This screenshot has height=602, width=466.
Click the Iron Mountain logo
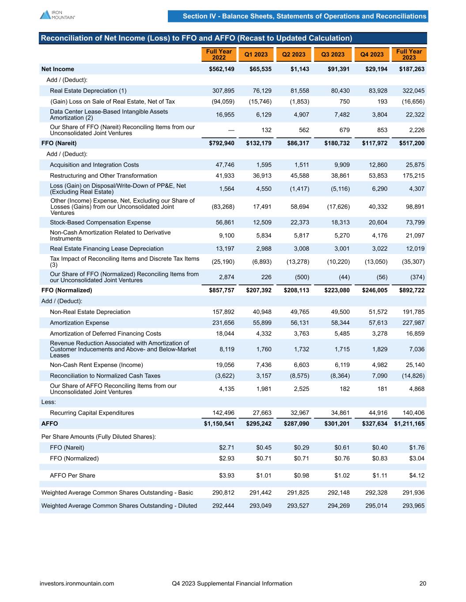click(x=57, y=15)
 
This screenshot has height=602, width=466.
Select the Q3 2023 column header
click(x=333, y=55)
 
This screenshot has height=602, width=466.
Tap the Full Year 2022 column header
click(x=219, y=55)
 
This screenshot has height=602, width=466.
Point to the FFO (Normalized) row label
click(x=67, y=291)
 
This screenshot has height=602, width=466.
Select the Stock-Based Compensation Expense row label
click(x=100, y=223)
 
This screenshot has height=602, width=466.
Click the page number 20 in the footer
click(x=423, y=583)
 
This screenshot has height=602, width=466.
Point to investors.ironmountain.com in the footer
click(x=77, y=583)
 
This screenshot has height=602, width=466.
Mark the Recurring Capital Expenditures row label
click(x=92, y=413)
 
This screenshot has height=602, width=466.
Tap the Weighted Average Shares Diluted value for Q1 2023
click(x=260, y=506)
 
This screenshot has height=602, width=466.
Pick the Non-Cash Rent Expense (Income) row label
click(x=96, y=365)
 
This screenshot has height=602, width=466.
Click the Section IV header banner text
click(x=304, y=16)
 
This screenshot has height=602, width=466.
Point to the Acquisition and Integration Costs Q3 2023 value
click(x=341, y=165)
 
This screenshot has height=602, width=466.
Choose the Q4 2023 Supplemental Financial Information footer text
click(x=232, y=583)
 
